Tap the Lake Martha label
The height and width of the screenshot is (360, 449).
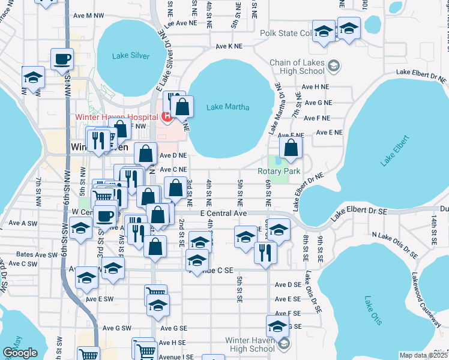click(223, 107)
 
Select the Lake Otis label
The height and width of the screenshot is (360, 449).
click(373, 310)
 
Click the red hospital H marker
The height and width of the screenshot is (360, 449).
click(163, 116)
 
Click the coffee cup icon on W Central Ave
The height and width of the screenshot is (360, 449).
click(105, 216)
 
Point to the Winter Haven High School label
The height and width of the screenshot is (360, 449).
click(250, 344)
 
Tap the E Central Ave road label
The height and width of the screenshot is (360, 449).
click(223, 213)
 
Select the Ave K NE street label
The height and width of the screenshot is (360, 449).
click(229, 46)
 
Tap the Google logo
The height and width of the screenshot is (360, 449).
click(20, 353)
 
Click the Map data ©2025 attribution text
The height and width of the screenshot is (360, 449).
click(423, 355)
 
